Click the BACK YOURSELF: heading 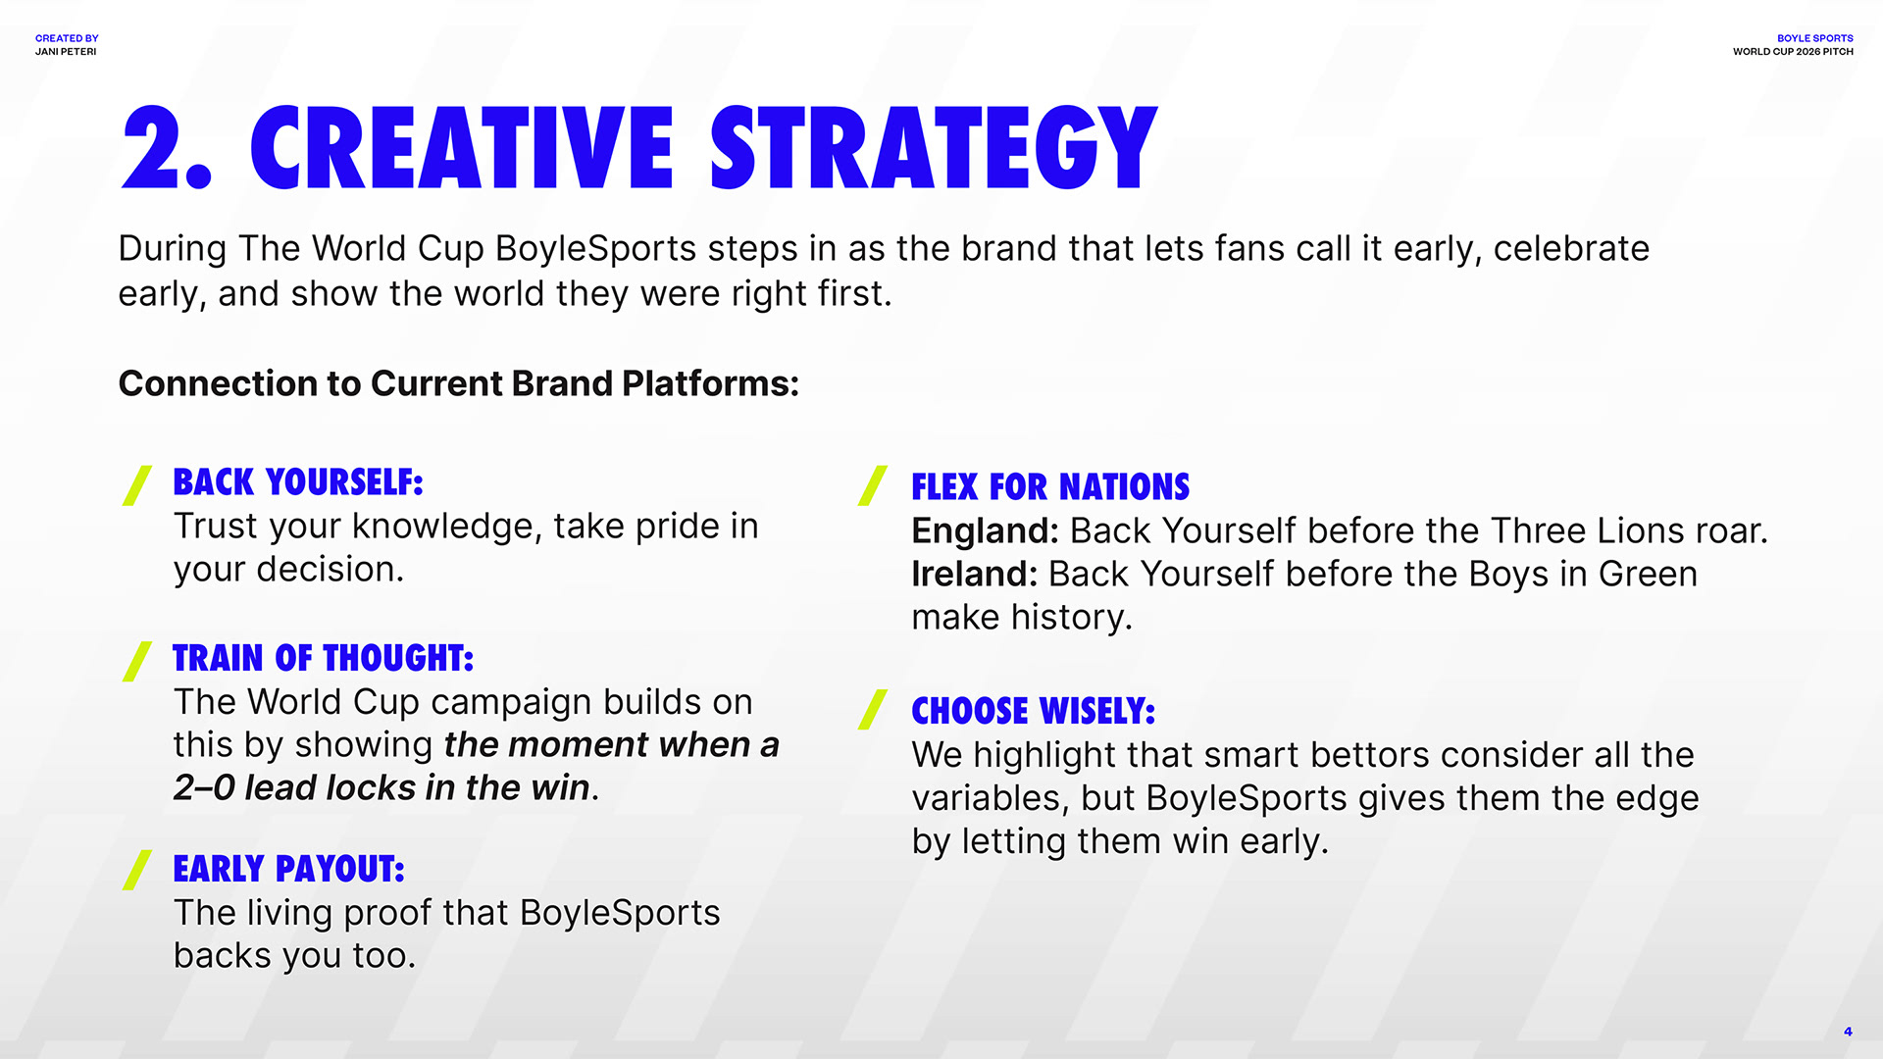point(298,482)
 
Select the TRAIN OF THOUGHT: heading point(324,658)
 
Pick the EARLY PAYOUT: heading point(288,869)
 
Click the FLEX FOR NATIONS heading point(1050,487)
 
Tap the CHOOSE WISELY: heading point(1034,711)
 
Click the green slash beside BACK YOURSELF point(137,485)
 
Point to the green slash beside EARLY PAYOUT point(137,870)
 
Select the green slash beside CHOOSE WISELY point(873,710)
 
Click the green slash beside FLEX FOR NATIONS point(873,485)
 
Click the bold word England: point(985,530)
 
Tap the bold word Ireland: point(974,574)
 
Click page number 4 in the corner point(1848,1032)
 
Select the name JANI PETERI point(66,52)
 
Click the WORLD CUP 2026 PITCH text point(1793,52)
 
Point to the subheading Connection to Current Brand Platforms point(459,383)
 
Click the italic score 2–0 point(204,787)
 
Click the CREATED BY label point(67,38)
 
